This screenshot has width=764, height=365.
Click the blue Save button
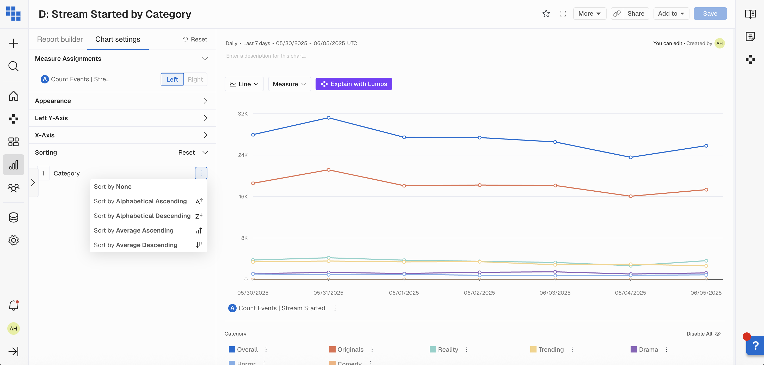[710, 14]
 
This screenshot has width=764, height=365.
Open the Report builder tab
[60, 39]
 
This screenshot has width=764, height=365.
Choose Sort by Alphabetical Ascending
[140, 201]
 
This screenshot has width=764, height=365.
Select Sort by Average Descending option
[135, 245]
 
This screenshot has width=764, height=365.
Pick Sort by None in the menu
[113, 187]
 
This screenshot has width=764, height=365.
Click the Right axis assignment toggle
[195, 80]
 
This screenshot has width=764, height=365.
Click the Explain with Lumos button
[354, 84]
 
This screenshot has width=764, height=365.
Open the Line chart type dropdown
[244, 84]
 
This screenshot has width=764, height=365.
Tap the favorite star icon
[546, 14]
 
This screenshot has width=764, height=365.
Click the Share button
[636, 14]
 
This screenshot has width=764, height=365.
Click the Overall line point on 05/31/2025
[329, 118]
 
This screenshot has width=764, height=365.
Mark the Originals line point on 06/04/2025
[631, 196]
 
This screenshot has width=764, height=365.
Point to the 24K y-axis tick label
[243, 155]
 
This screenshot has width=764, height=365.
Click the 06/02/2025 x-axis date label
[479, 293]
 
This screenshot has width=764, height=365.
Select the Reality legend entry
[448, 350]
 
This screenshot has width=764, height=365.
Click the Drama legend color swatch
[633, 349]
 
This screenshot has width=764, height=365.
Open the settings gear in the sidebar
[13, 240]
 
